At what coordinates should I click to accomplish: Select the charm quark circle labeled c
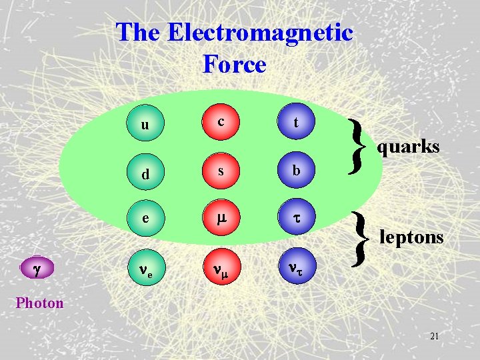pyautogui.click(x=220, y=121)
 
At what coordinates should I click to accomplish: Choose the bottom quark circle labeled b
pyautogui.click(x=296, y=171)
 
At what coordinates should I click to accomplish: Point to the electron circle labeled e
pyautogui.click(x=145, y=218)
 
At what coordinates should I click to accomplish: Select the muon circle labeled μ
pyautogui.click(x=220, y=218)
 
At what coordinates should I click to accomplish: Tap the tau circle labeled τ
pyautogui.click(x=296, y=218)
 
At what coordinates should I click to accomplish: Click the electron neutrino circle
pyautogui.click(x=145, y=269)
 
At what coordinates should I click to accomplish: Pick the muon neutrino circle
pyautogui.click(x=220, y=269)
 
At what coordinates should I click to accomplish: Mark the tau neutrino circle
pyautogui.click(x=296, y=268)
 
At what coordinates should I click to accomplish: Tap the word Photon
pyautogui.click(x=40, y=303)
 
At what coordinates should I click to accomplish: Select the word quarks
pyautogui.click(x=408, y=147)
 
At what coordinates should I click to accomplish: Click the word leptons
pyautogui.click(x=411, y=237)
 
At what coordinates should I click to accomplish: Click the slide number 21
pyautogui.click(x=434, y=337)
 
